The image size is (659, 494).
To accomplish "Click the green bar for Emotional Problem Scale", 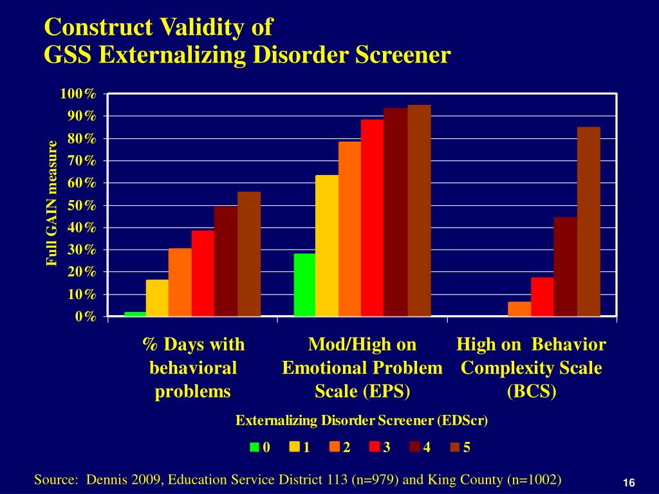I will click(304, 285).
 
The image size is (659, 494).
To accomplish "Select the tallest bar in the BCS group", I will click(588, 221).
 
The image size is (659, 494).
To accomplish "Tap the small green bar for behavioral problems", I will click(135, 314).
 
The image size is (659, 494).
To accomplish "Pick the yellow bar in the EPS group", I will click(327, 246).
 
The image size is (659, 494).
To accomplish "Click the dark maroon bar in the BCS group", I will click(565, 266).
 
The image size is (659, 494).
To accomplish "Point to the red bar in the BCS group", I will click(542, 297).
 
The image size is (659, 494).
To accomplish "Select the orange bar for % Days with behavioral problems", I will click(180, 282).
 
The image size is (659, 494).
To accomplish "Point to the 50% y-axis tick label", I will click(82, 206).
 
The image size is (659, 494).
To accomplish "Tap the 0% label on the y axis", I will click(86, 316).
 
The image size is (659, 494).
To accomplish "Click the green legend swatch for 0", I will click(255, 448).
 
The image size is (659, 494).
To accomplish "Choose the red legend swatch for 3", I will click(375, 448).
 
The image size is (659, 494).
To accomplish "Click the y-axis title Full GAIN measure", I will click(52, 203).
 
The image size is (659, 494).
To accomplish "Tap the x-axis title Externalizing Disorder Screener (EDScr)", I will click(362, 421).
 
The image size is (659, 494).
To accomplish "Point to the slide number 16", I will click(629, 483).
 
